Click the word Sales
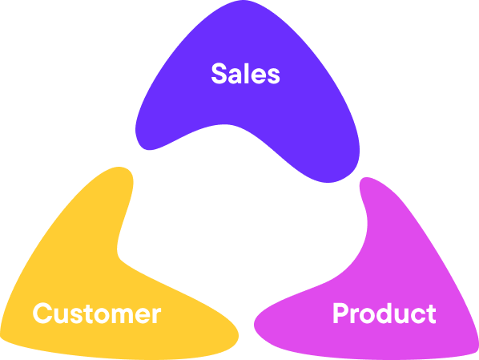(x=246, y=74)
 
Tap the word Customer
(x=97, y=313)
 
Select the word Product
(x=384, y=313)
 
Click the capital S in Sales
(x=219, y=74)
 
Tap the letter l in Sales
(x=246, y=73)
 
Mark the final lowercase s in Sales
(x=274, y=76)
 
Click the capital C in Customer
(x=42, y=313)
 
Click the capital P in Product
(x=340, y=313)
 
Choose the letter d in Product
(x=384, y=313)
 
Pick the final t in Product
(x=432, y=313)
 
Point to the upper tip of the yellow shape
(x=120, y=167)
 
